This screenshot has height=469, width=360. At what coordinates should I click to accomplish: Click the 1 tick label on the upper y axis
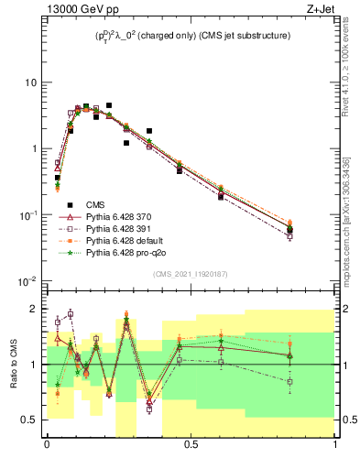pyautogui.click(x=35, y=148)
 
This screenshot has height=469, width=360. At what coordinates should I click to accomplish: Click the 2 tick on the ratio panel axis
pyautogui.click(x=35, y=309)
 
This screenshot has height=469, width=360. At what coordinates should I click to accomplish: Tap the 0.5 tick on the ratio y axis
pyautogui.click(x=31, y=420)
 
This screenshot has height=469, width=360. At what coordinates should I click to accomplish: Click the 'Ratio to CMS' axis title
pyautogui.click(x=13, y=365)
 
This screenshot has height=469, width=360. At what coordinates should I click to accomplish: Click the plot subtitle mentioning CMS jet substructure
pyautogui.click(x=191, y=36)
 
